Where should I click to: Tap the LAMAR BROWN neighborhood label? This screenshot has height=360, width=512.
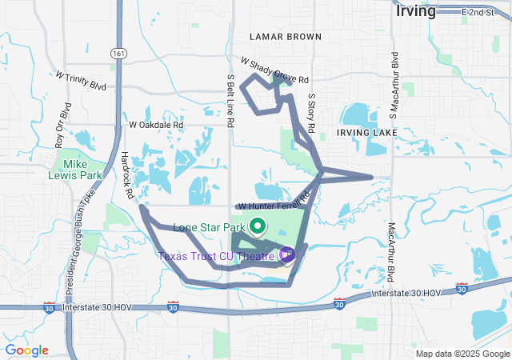pos(285,37)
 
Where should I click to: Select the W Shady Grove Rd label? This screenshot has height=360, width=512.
pos(274,70)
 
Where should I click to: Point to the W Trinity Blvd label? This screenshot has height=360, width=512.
pos(81,80)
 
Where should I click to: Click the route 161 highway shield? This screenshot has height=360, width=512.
pos(119,53)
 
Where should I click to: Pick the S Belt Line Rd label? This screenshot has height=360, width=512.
pos(230,102)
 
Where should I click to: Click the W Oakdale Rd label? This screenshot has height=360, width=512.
pos(156,126)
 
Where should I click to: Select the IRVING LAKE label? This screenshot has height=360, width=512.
pos(366,132)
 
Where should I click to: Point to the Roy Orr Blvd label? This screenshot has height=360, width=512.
pos(62,126)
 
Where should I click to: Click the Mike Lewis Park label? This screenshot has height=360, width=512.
pos(83,169)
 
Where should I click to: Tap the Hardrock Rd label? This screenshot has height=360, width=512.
pos(127,172)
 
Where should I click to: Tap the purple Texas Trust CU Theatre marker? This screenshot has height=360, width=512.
pos(287,255)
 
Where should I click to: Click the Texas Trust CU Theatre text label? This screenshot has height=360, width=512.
pos(217,256)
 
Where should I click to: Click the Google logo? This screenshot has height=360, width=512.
pos(26,350)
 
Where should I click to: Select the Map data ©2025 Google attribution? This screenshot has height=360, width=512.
pos(462,353)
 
